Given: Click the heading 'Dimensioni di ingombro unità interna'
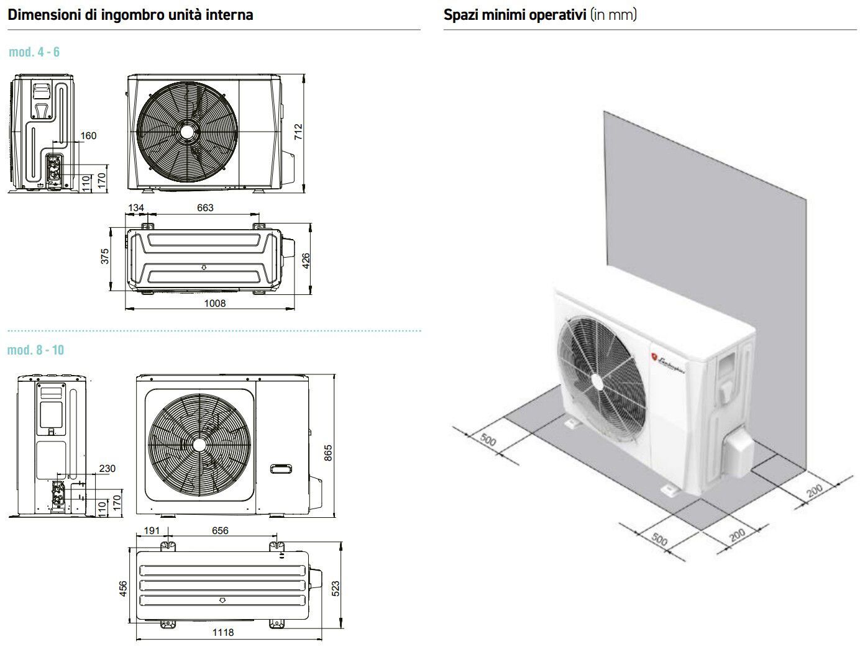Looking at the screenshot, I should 130,15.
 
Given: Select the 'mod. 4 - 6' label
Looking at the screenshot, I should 34,52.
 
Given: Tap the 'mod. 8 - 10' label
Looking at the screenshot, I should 35,350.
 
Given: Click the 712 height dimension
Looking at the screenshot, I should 298,132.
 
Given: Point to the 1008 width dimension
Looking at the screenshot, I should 215,303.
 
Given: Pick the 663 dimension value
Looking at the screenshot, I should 205,207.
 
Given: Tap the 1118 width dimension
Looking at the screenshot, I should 223,632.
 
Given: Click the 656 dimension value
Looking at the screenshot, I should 220,531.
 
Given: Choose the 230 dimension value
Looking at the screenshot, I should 107,469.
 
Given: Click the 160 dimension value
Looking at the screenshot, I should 89,135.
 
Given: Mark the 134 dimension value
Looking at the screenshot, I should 136,207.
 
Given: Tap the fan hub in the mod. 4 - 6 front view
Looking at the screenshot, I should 186,133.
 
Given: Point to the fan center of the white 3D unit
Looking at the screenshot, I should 597,381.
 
